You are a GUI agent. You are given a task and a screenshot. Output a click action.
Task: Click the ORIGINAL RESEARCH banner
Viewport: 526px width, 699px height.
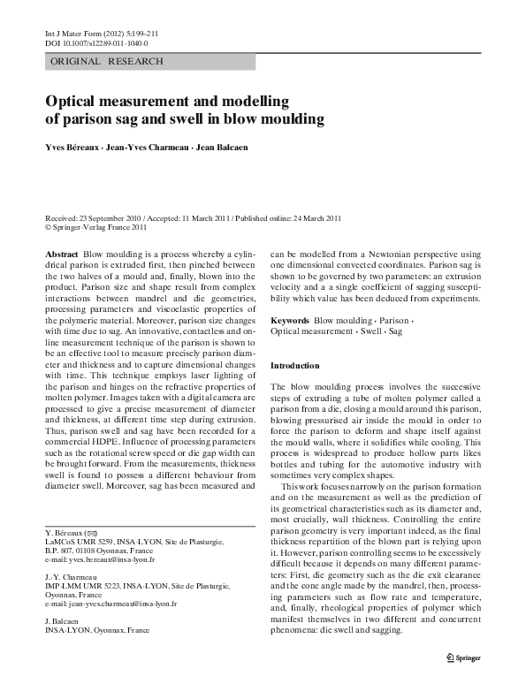pos(107,62)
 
